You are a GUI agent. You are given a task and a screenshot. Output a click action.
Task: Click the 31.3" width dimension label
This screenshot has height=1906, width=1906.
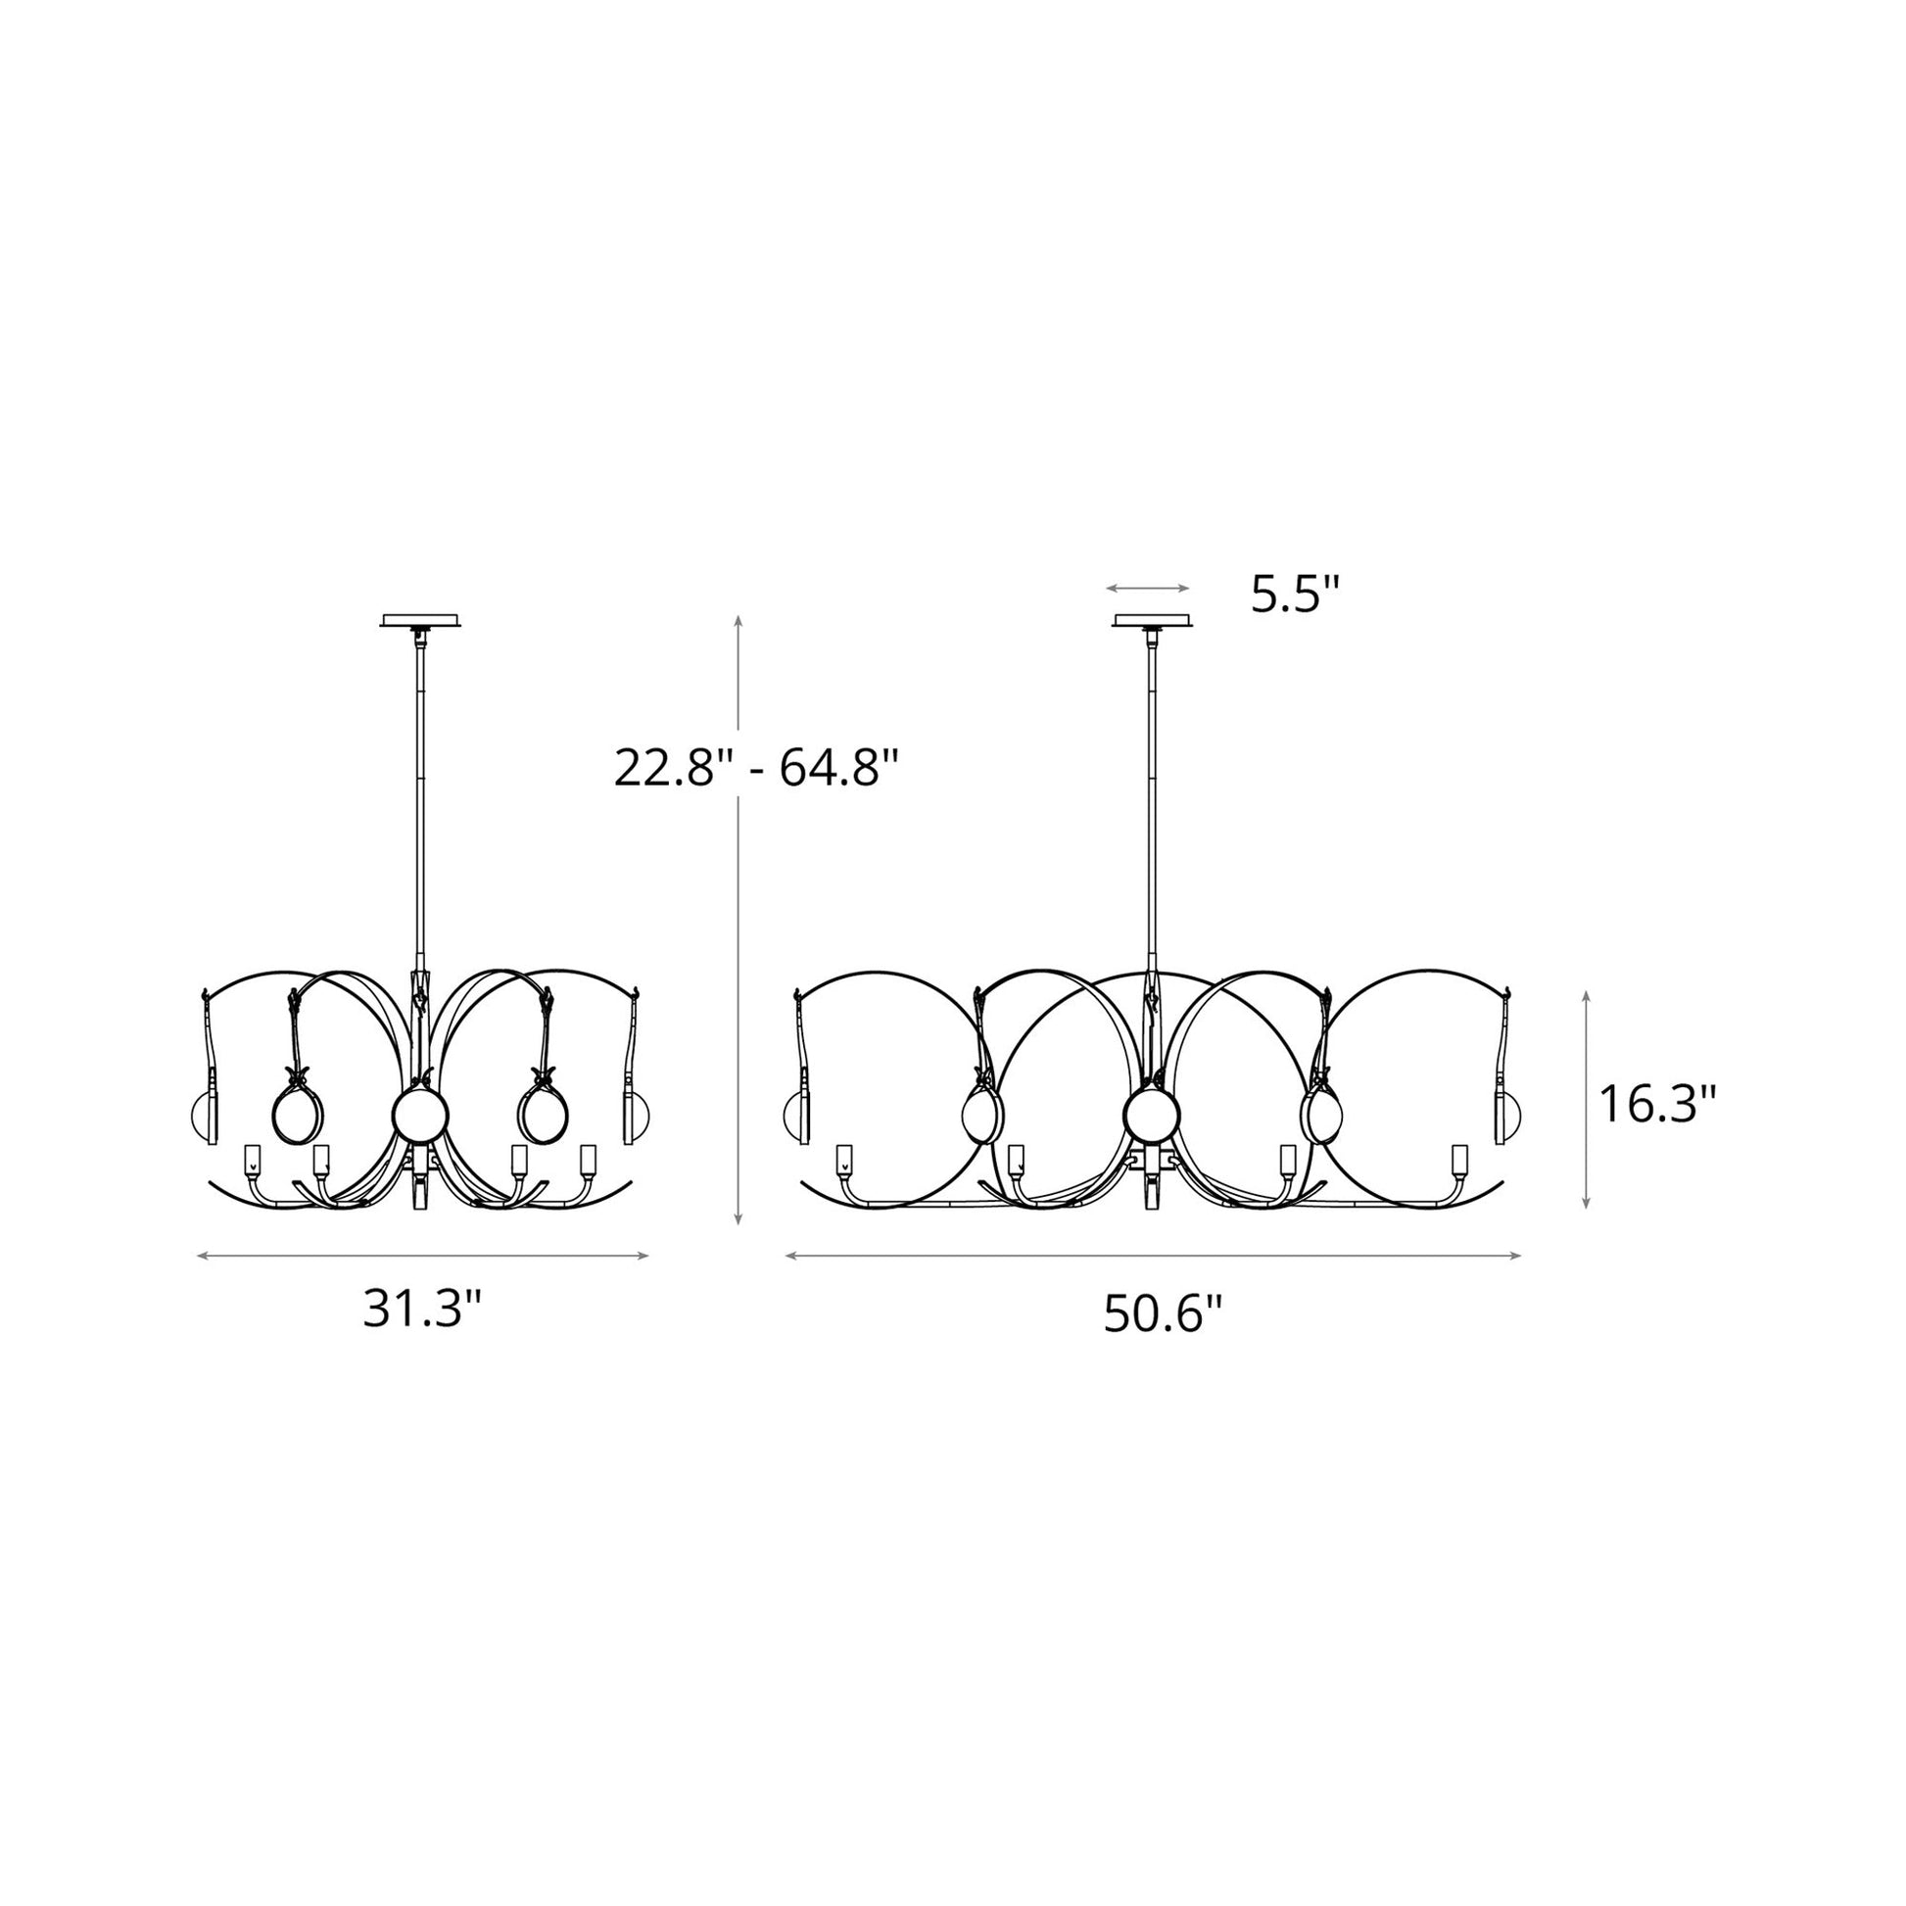(422, 1310)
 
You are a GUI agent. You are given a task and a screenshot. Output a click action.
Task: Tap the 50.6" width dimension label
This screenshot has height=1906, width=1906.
(1163, 1314)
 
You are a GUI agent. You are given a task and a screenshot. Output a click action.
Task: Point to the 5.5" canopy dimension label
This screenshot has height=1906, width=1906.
(1296, 595)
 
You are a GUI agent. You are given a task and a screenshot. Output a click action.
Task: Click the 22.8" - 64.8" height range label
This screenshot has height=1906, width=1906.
(757, 767)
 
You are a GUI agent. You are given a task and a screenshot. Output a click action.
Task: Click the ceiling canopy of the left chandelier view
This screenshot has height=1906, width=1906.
(422, 622)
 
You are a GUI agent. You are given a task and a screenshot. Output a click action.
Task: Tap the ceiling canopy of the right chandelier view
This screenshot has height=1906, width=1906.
(1151, 622)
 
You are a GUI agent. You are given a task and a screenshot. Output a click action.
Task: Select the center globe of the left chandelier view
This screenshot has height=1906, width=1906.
(420, 1116)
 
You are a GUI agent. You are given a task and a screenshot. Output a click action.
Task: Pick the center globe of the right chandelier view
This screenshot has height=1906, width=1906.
(1151, 1116)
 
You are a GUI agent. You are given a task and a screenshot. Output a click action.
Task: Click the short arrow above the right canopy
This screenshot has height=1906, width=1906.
(1147, 588)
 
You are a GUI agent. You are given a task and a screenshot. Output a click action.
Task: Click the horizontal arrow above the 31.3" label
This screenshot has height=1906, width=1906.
(422, 1256)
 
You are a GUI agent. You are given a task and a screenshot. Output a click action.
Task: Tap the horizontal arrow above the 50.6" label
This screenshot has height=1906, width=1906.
(1153, 1256)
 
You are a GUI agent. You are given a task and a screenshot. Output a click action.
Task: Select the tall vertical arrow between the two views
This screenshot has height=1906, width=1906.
(738, 920)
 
